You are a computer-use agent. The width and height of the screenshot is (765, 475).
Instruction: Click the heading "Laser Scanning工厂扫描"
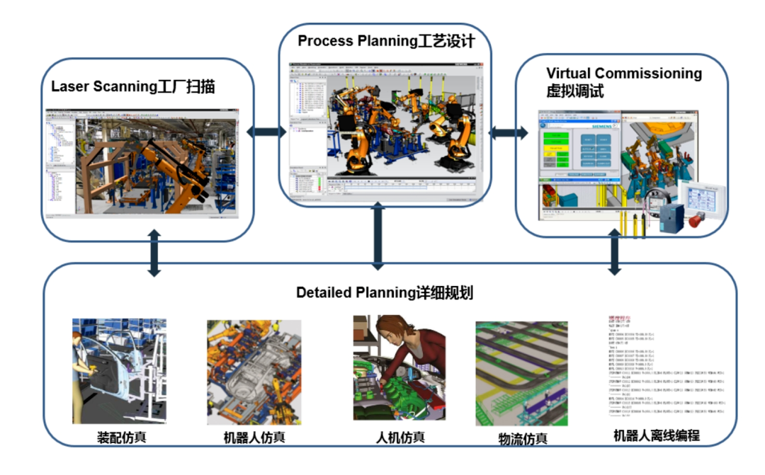coord(132,88)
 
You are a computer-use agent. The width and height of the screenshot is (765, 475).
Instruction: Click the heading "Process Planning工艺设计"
coord(385,40)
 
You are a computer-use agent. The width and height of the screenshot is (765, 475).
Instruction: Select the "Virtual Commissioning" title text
coord(624,74)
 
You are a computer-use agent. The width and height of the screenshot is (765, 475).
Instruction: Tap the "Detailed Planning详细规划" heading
coord(385,293)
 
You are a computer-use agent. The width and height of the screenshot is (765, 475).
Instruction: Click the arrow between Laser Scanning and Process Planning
coord(266,132)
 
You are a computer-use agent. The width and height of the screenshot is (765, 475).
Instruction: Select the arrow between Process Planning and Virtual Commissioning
coord(509,132)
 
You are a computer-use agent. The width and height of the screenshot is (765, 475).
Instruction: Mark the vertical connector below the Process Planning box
coord(379,237)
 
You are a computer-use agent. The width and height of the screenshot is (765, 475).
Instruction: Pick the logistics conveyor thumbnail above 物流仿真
coord(521,373)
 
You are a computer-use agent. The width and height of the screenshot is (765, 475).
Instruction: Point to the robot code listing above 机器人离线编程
coord(655,368)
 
